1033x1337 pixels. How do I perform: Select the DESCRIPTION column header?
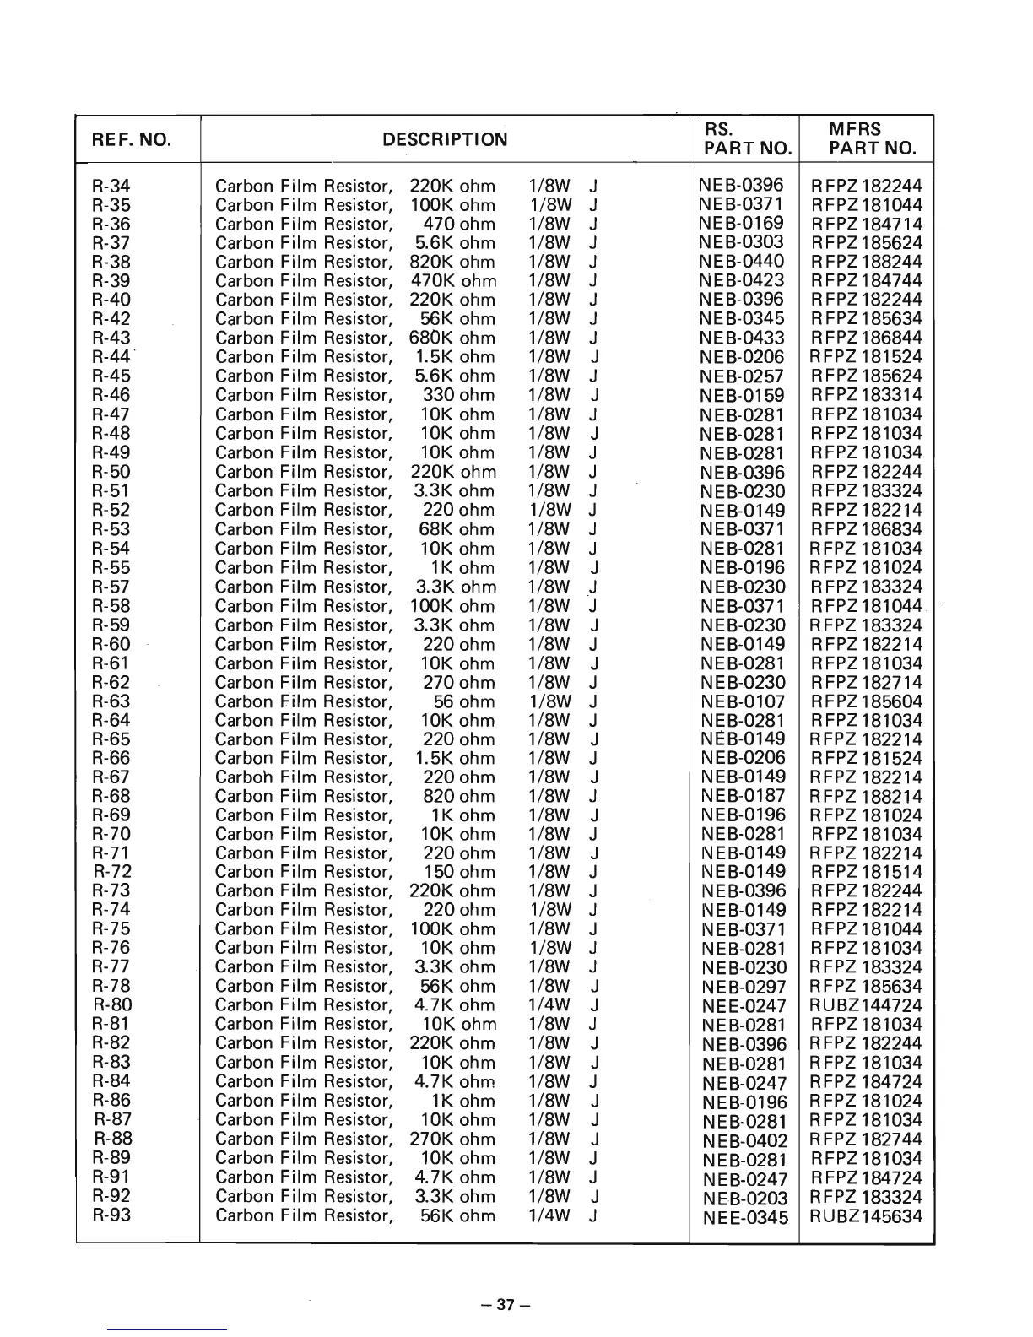[445, 140]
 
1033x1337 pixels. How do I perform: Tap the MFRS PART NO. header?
[867, 139]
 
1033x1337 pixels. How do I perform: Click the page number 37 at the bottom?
[505, 1304]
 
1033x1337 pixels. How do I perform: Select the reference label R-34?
[111, 186]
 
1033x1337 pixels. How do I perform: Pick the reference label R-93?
[111, 1215]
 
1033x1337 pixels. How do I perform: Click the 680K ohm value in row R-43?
[452, 338]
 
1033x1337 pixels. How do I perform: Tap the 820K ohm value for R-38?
[452, 262]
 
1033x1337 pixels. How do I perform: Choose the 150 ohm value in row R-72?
[458, 872]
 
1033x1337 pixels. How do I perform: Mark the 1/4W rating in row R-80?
[549, 1005]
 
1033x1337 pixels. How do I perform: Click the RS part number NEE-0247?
[744, 1006]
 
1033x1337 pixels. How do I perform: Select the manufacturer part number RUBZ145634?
[866, 1216]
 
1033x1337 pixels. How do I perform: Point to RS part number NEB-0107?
[743, 701]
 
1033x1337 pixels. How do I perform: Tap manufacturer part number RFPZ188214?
[866, 797]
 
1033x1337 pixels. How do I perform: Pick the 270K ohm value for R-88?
[452, 1139]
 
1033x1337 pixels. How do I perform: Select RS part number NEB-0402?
[744, 1140]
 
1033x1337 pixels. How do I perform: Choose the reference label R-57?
[111, 587]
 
